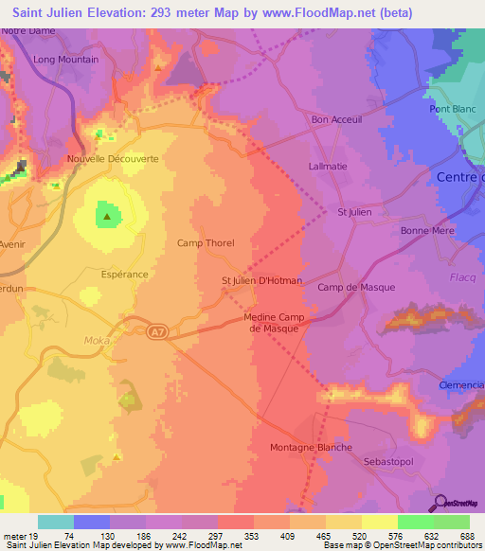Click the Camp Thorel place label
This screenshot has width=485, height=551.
[206, 243]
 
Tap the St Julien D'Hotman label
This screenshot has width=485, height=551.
[261, 280]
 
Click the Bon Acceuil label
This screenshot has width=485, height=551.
[336, 120]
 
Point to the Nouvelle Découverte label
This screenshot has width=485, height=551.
[113, 159]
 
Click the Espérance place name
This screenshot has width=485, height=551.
[124, 274]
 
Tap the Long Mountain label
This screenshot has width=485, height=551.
[65, 60]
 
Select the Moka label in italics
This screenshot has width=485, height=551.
[111, 338]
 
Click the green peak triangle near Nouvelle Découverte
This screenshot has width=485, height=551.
[107, 216]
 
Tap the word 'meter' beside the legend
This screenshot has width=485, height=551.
[15, 536]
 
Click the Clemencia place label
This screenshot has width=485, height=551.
[462, 385]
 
